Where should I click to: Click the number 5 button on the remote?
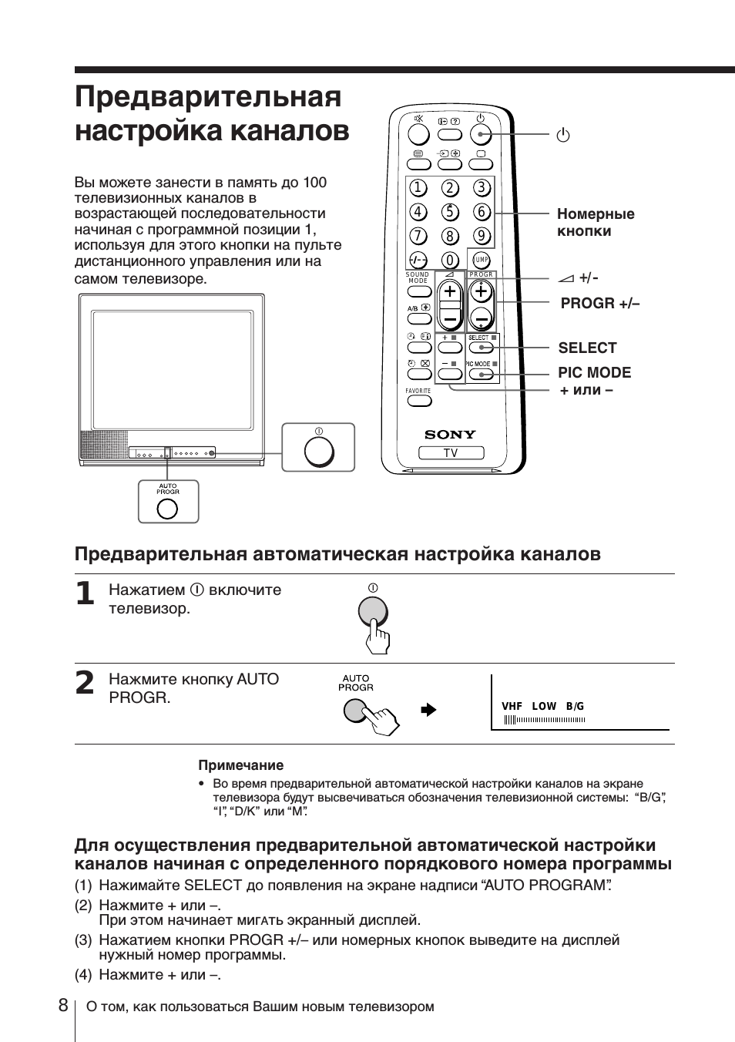(x=450, y=212)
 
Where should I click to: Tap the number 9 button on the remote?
(x=482, y=236)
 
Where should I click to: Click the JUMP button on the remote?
(x=481, y=260)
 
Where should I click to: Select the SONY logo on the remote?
(x=450, y=435)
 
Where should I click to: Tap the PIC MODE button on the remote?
(x=481, y=375)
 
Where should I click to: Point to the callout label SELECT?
(x=587, y=348)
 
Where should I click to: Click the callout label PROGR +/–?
(x=600, y=304)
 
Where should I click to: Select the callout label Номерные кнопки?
(x=596, y=223)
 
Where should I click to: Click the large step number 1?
(x=86, y=594)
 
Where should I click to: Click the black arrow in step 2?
(x=429, y=710)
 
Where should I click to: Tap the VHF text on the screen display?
(x=512, y=706)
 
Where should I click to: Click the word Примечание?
(x=241, y=765)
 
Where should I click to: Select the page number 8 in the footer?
(x=62, y=1006)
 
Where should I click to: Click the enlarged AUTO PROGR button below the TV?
(x=167, y=508)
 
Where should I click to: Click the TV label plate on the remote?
(x=451, y=453)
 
